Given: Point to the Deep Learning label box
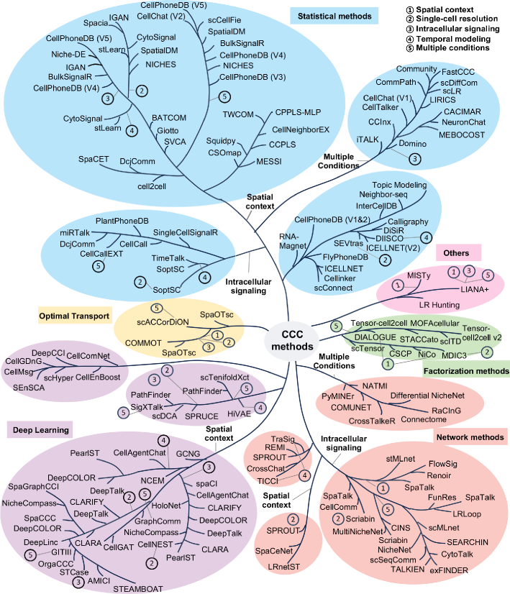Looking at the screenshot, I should [40, 430].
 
